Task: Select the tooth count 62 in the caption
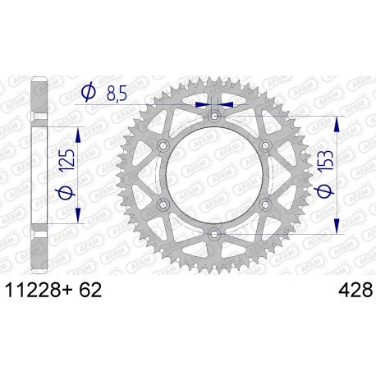(89, 291)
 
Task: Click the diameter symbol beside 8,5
(88, 94)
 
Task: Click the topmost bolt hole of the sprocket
(214, 117)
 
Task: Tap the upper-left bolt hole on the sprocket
(163, 147)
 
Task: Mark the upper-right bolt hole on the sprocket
(265, 147)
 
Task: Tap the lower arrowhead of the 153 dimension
(337, 229)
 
